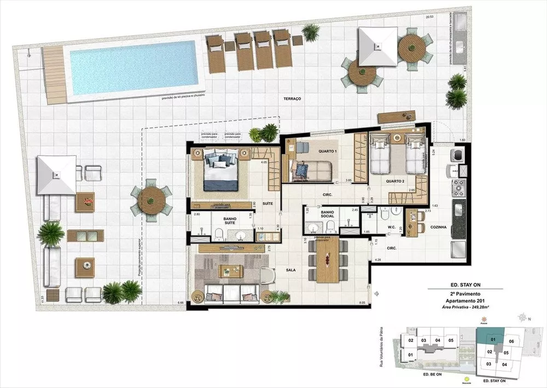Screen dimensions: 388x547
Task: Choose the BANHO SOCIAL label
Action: [x=328, y=214]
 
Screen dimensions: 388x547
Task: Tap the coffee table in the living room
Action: [x=231, y=271]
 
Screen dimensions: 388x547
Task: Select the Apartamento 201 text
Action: [x=464, y=301]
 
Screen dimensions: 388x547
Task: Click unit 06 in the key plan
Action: [x=511, y=341]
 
